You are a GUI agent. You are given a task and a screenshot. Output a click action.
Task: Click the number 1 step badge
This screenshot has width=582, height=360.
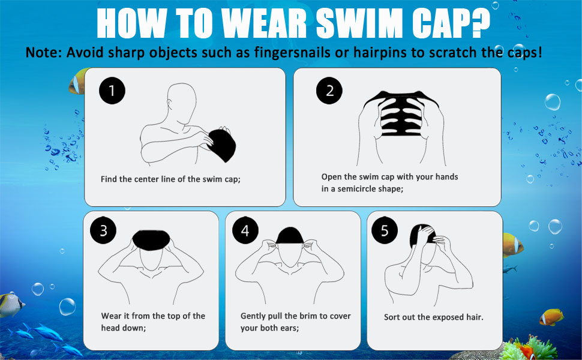pyautogui.click(x=112, y=91)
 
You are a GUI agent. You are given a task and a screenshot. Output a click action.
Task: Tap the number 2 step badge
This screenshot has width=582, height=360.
pyautogui.click(x=329, y=91)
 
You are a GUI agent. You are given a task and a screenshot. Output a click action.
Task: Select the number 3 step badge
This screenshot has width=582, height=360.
pyautogui.click(x=103, y=231)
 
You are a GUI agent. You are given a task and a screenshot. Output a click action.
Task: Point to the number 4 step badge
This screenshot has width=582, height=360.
pyautogui.click(x=245, y=231)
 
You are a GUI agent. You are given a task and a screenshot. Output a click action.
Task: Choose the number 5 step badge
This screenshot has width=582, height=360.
pyautogui.click(x=385, y=231)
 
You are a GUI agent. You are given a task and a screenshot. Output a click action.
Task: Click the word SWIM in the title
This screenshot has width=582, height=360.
pyautogui.click(x=355, y=23)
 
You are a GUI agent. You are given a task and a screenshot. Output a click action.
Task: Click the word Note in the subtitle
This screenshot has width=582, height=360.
pyautogui.click(x=44, y=52)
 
